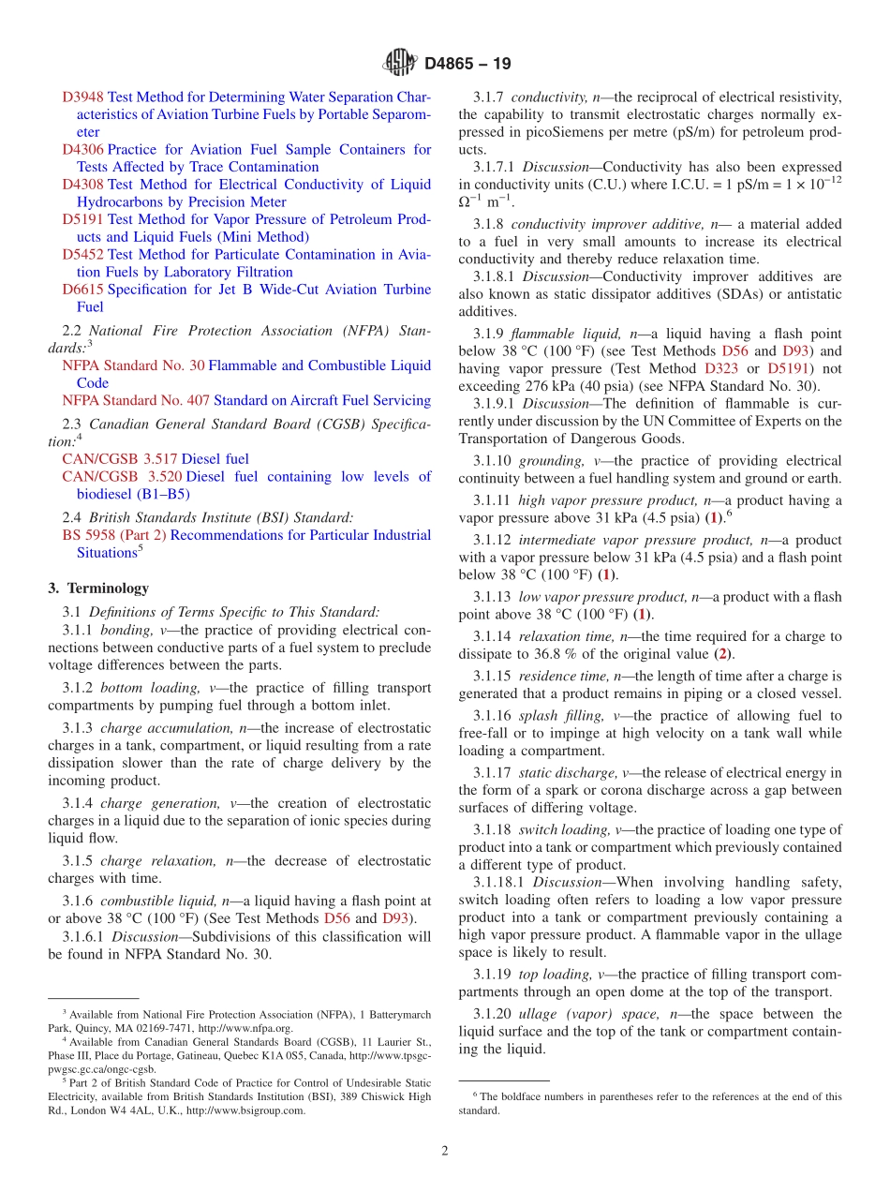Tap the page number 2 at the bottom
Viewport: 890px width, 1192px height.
point(445,1151)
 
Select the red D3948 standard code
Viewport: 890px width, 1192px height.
point(82,97)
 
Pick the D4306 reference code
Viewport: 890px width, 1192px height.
point(82,150)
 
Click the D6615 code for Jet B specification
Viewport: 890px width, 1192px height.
point(82,290)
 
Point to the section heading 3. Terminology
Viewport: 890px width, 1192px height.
point(98,589)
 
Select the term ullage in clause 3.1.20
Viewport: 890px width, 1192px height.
point(538,1015)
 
